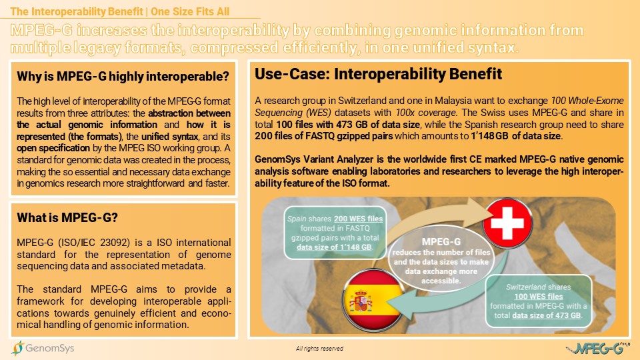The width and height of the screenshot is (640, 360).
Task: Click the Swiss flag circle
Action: tap(507, 223)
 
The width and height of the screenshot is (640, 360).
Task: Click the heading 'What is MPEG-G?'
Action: tap(67, 217)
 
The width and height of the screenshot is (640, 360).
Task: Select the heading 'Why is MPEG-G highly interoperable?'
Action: tap(123, 76)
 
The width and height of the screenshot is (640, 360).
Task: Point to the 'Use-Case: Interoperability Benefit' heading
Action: tap(379, 74)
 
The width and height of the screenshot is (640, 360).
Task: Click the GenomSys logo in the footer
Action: tap(43, 348)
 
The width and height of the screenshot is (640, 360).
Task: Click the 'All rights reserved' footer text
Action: tap(319, 349)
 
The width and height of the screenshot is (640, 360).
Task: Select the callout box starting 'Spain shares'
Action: tap(335, 233)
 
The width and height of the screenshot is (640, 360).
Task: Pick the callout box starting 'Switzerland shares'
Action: tap(539, 301)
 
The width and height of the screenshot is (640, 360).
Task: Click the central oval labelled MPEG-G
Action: tap(441, 259)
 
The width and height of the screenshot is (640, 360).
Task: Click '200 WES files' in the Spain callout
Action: tap(359, 219)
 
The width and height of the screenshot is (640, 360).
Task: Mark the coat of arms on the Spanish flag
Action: tap(361, 301)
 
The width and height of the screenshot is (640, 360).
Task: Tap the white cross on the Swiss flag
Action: tap(507, 223)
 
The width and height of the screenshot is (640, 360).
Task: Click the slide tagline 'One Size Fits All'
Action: tap(190, 11)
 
